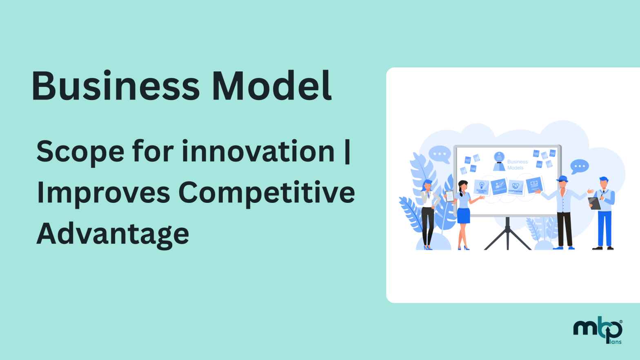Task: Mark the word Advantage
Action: click(113, 234)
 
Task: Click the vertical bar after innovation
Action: click(347, 152)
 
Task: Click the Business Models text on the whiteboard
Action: click(517, 164)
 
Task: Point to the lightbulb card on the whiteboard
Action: click(482, 187)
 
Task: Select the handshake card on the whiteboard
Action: click(516, 187)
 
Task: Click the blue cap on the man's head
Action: click(562, 178)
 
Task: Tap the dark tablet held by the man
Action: click(594, 203)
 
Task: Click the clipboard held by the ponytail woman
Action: click(449, 196)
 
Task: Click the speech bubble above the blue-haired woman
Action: click(440, 154)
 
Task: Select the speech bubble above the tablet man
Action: click(579, 167)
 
